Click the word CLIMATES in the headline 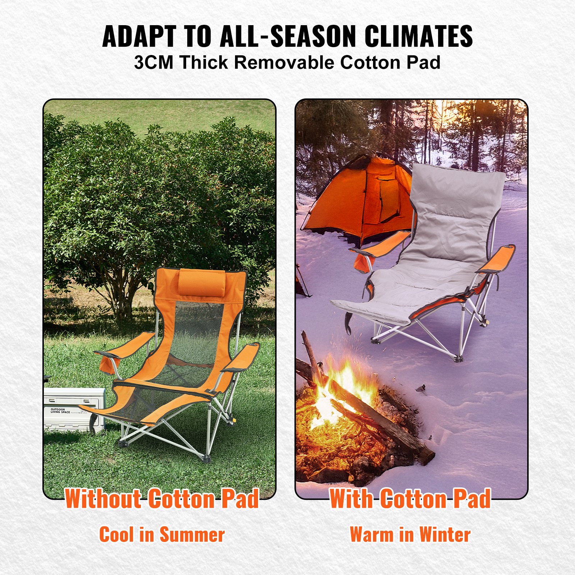(x=418, y=36)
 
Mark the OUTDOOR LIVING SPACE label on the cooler (x=60, y=411)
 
